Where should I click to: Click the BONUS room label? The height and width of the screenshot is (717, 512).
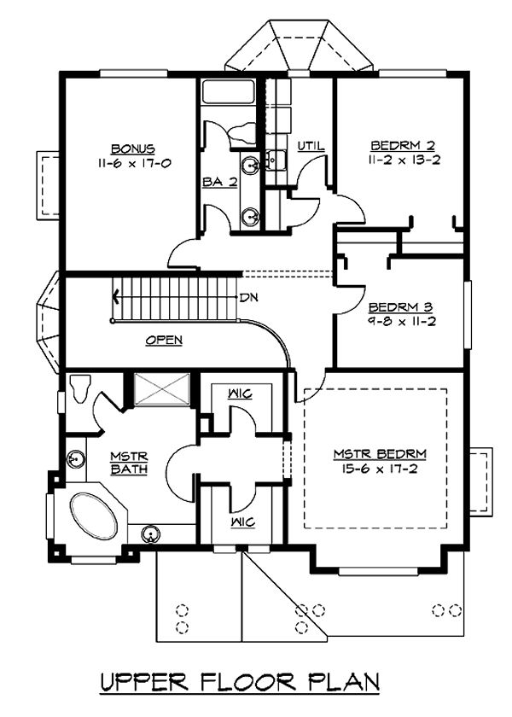click(133, 149)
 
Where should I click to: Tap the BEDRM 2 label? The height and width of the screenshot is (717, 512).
click(403, 146)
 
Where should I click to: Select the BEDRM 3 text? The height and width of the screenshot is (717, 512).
click(400, 306)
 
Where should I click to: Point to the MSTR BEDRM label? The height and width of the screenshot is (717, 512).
click(380, 454)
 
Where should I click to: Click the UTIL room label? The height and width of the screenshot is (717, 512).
click(311, 146)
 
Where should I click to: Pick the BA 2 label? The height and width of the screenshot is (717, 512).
click(220, 182)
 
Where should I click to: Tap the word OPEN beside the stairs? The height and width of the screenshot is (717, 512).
click(164, 341)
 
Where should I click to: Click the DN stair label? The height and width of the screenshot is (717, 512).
click(249, 298)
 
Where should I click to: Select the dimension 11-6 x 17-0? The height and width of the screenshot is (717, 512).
click(134, 163)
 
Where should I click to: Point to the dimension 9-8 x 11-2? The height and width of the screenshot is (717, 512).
click(401, 322)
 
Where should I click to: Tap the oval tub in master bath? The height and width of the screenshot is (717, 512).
click(93, 516)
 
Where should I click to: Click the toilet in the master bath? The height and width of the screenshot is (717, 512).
click(81, 388)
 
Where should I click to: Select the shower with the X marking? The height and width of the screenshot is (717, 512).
click(162, 389)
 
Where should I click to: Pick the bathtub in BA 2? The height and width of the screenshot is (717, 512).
click(229, 92)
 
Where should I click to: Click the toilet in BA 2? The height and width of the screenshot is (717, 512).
click(243, 132)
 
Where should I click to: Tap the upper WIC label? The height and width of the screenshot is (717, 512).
click(241, 393)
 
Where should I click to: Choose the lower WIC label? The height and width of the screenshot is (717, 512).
click(243, 522)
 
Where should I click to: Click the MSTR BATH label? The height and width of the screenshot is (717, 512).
click(129, 463)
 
